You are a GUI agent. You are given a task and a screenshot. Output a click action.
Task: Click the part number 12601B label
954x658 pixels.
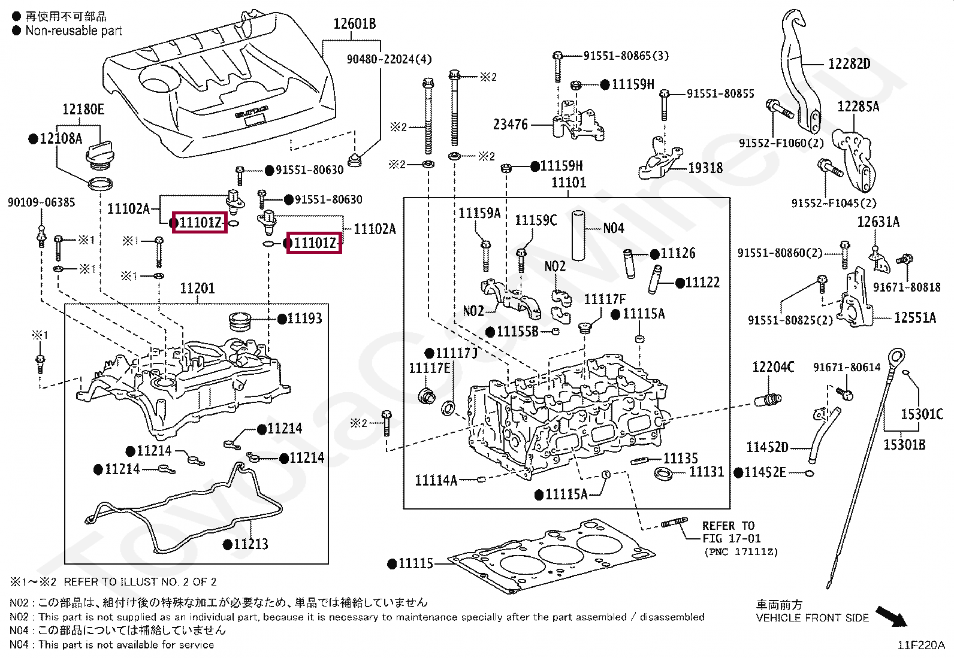(x=354, y=24)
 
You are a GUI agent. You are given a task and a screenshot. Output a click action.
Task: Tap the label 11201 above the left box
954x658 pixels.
(x=197, y=289)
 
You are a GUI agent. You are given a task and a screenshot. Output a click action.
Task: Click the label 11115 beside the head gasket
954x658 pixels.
(x=415, y=563)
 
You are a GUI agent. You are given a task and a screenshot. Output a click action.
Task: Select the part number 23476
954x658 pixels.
(x=511, y=125)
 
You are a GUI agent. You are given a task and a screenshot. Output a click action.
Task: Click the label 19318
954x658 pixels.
(x=705, y=168)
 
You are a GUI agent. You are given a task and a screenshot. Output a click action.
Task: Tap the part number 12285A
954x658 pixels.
(x=858, y=107)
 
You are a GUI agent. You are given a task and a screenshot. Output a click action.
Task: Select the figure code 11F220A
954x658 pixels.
(x=920, y=645)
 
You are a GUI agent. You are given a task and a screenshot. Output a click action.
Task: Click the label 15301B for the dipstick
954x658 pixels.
(x=904, y=444)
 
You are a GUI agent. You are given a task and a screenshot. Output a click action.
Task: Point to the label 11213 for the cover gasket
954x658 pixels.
(x=250, y=544)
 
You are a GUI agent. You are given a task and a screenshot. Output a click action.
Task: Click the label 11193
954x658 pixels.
(x=304, y=319)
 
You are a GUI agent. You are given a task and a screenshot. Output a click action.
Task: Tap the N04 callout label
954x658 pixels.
(x=614, y=228)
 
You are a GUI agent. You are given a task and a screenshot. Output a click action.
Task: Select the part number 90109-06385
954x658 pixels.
(x=41, y=202)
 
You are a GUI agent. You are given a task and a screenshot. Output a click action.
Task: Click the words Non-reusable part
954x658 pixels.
(x=73, y=31)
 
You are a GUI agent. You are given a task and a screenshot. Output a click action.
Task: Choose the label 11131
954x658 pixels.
(x=707, y=472)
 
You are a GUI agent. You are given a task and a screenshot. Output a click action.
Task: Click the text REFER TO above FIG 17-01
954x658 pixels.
(x=728, y=526)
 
